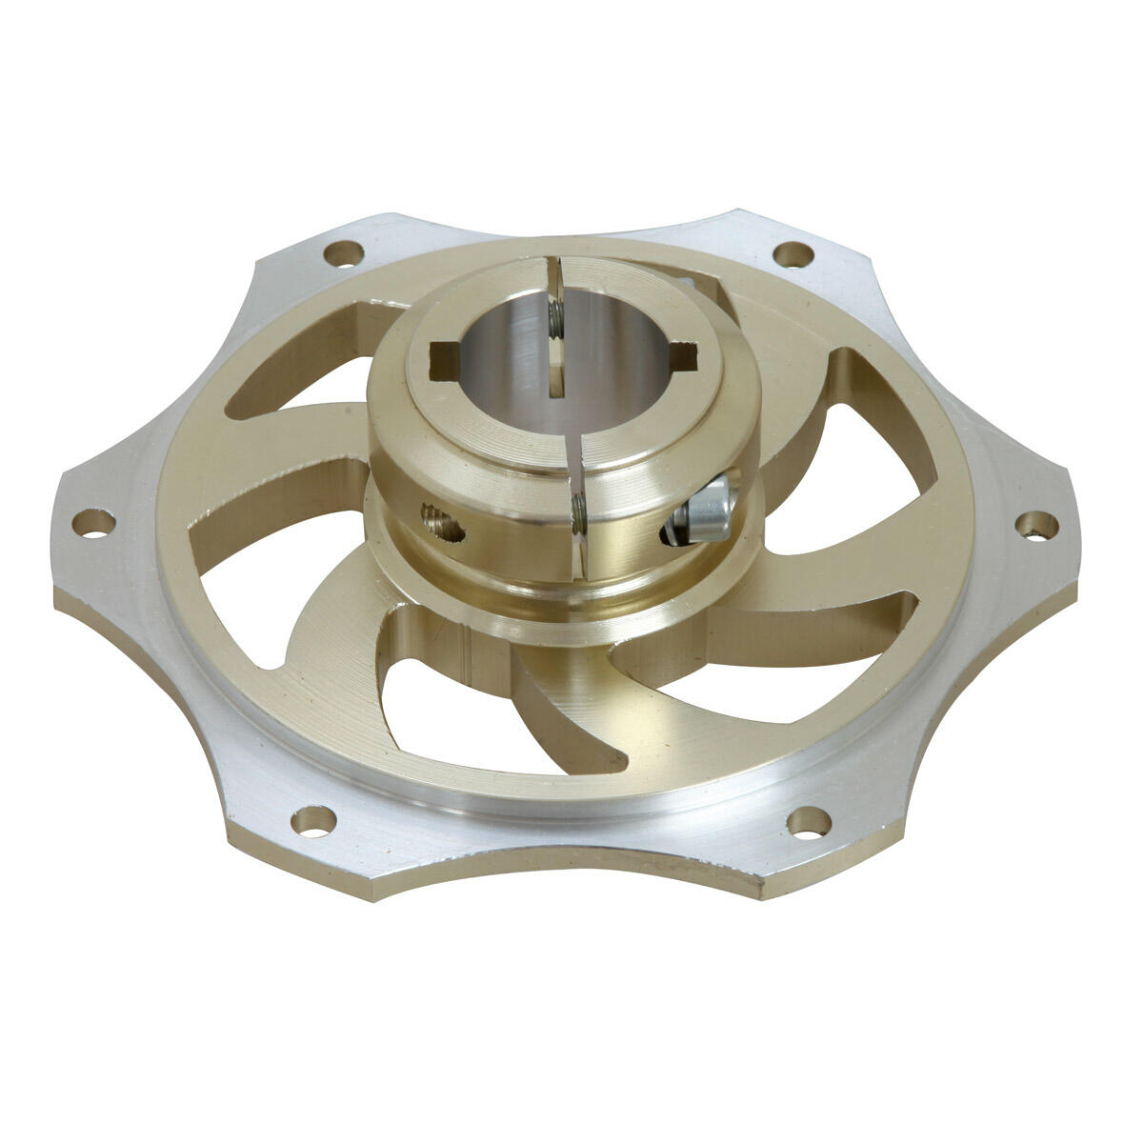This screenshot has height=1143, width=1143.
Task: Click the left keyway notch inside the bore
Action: pyautogui.click(x=442, y=361)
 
